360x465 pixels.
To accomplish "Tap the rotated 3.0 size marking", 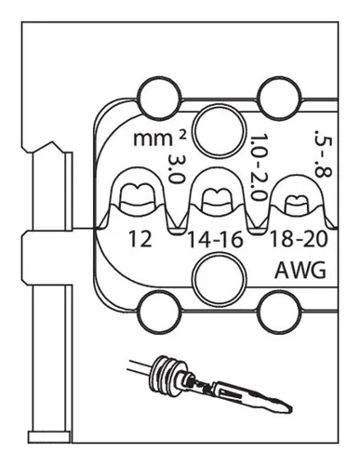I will coord(173,172).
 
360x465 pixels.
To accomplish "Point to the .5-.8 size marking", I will coord(323,145).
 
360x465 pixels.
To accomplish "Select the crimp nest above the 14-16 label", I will coord(216,197).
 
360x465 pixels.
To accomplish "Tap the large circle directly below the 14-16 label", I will coord(213,277).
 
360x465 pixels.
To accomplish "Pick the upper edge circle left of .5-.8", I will coord(279,95).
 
